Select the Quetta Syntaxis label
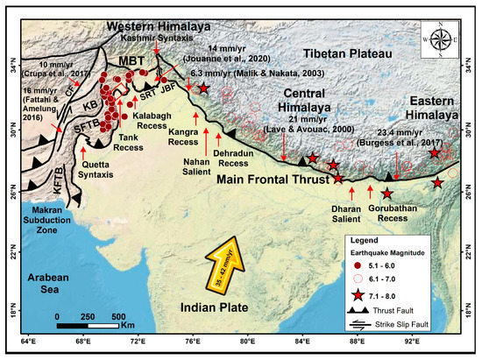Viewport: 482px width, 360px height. point(98,172)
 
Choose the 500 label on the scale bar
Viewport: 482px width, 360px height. point(117,315)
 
